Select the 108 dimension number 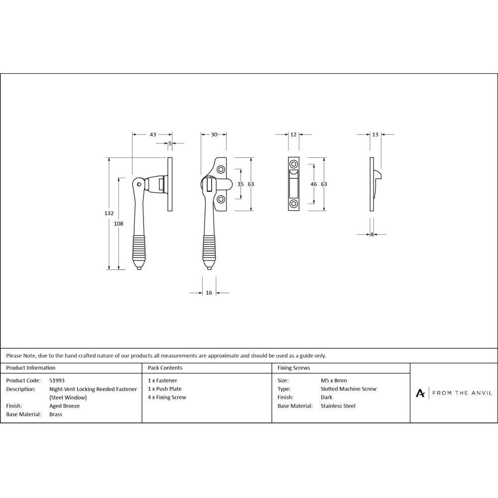119,224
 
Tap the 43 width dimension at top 153,134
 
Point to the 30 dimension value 214,134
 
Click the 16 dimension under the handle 209,293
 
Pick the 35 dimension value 241,184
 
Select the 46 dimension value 314,184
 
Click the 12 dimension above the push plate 293,134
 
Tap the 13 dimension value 375,134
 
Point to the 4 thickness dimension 372,235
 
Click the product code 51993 57,380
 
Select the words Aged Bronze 64,406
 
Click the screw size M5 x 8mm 334,380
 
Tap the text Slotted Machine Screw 349,389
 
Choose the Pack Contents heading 165,368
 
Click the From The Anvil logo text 462,393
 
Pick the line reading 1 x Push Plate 165,389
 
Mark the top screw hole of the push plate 294,164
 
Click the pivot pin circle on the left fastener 140,184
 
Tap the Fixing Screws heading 293,368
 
